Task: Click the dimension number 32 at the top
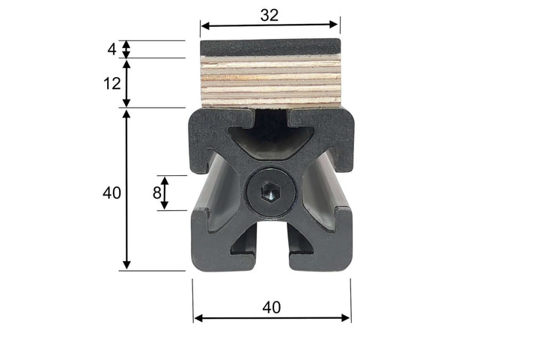pos(270,14)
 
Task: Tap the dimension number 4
pos(112,49)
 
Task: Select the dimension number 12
pos(112,83)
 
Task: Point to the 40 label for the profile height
pos(112,192)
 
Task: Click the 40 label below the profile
pos(272,307)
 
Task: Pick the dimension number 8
pos(156,192)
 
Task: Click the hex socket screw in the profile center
pos(270,195)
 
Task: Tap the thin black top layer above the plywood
pos(270,46)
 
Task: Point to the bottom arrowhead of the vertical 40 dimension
pos(127,264)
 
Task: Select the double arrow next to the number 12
pos(127,83)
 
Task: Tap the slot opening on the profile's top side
pos(271,120)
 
